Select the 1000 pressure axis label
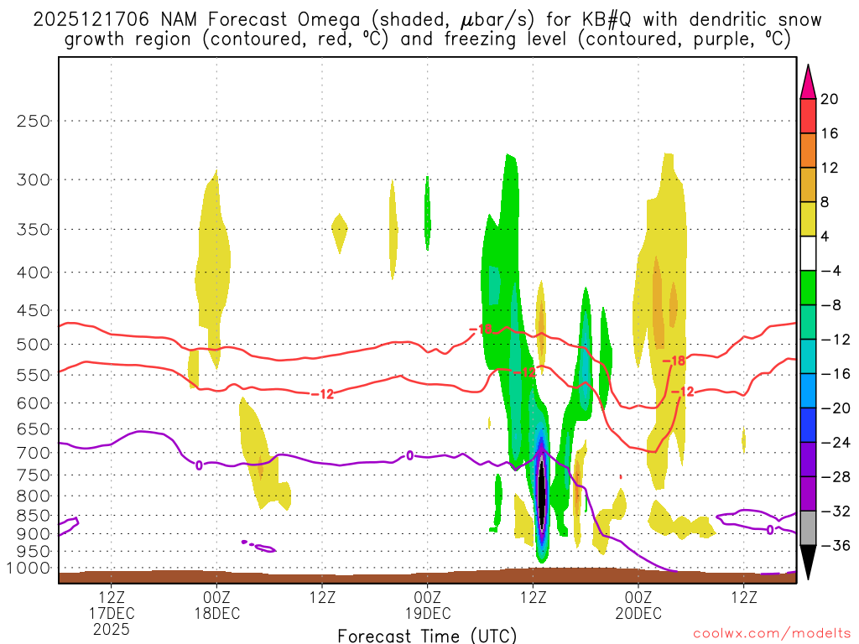[29, 568]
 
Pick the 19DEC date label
[428, 613]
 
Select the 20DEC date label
[638, 613]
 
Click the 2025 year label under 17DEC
[112, 628]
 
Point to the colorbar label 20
[830, 99]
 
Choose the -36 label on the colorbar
[832, 545]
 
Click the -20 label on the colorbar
[832, 408]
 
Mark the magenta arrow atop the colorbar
[808, 81]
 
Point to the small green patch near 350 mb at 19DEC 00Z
[427, 214]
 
